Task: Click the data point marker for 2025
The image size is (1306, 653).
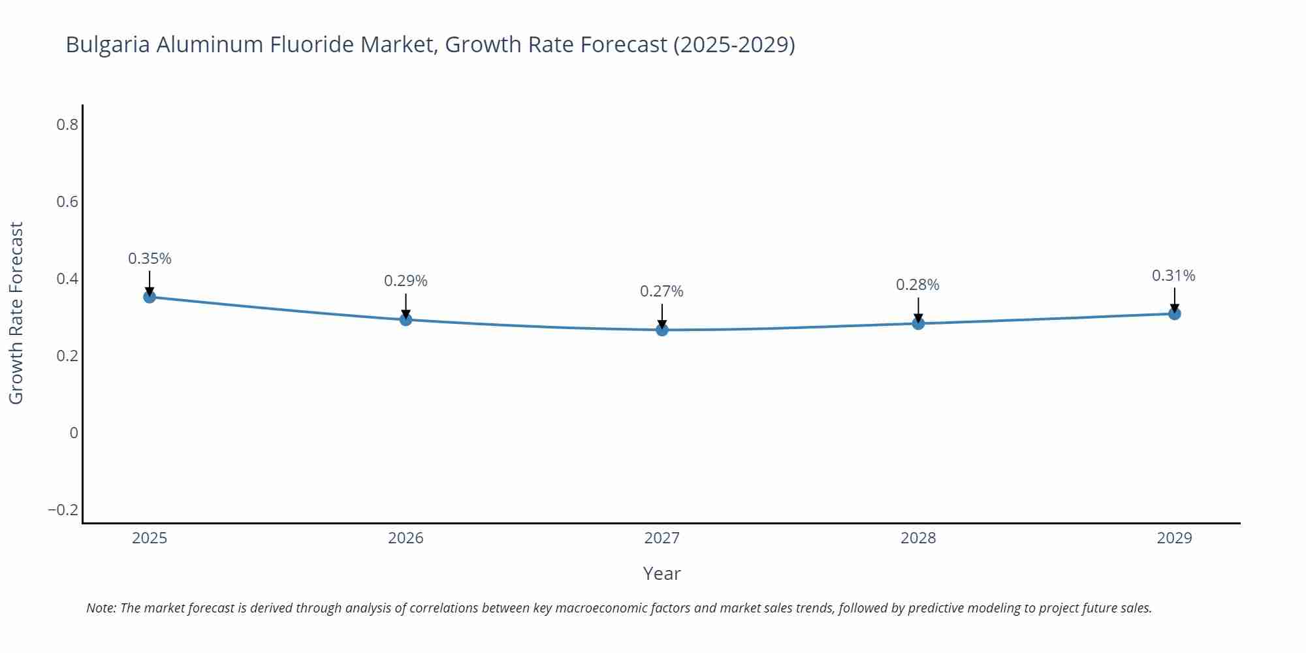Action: click(150, 297)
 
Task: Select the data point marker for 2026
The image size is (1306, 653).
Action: click(406, 319)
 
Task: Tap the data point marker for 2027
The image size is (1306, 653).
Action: click(662, 330)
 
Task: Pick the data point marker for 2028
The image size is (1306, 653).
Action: click(918, 323)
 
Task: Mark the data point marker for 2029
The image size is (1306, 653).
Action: click(1174, 313)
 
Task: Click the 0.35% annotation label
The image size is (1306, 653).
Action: click(150, 259)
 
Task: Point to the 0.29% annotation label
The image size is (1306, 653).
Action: click(406, 281)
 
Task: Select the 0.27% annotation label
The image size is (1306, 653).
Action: click(661, 291)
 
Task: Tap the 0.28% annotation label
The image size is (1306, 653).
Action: click(917, 285)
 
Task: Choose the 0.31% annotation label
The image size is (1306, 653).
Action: click(1173, 276)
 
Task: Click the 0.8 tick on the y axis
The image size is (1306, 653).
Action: click(67, 124)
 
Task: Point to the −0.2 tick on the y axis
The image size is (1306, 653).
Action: click(63, 509)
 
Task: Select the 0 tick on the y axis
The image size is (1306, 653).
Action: click(74, 432)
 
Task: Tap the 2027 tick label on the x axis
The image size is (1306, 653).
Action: click(661, 538)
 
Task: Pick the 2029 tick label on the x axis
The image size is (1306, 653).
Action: click(1174, 538)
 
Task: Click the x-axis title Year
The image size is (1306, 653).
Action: click(661, 573)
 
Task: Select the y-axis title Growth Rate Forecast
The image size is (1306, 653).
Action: click(16, 313)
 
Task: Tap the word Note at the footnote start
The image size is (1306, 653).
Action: click(101, 608)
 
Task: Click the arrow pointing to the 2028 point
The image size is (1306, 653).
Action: click(918, 310)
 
